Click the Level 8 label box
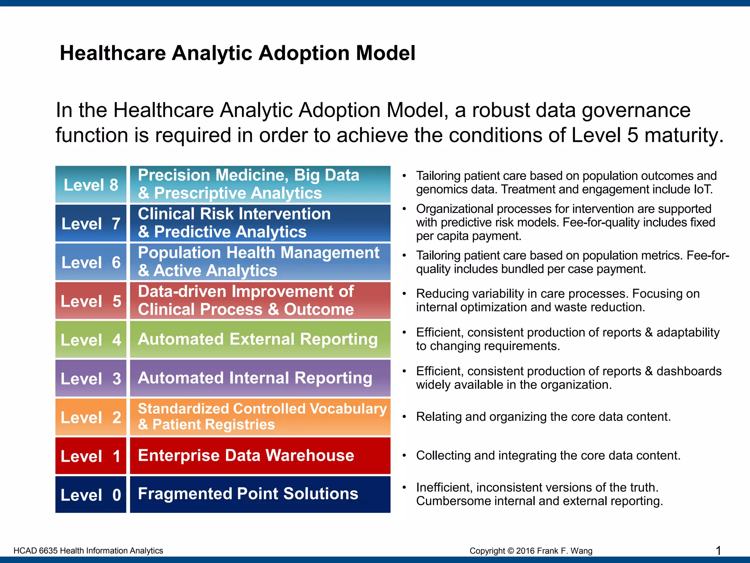click(91, 184)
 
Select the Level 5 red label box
click(91, 301)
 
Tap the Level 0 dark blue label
click(91, 494)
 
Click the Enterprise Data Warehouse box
click(260, 456)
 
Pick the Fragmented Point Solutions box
click(260, 494)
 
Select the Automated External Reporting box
click(260, 339)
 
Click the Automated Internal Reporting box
click(260, 378)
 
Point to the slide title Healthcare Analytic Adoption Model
click(237, 53)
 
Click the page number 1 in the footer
click(718, 550)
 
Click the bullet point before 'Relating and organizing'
click(404, 417)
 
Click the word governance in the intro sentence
click(636, 110)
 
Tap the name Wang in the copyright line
click(582, 551)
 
